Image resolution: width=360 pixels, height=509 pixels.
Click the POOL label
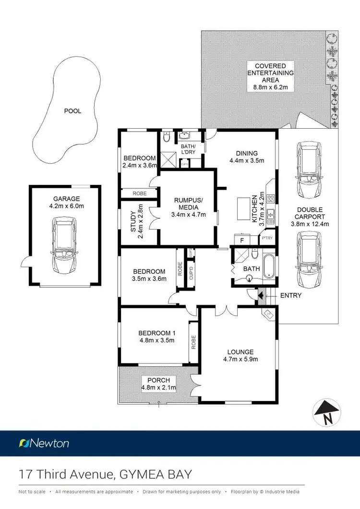(x=73, y=111)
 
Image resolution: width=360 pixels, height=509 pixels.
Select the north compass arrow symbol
(x=327, y=412)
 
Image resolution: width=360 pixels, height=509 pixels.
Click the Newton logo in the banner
(x=44, y=443)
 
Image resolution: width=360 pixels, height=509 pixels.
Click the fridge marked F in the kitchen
(x=241, y=239)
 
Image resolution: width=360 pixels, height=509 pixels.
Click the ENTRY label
(x=290, y=295)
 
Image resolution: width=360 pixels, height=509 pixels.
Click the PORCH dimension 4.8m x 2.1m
(x=159, y=388)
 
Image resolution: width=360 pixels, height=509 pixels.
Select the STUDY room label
(x=134, y=222)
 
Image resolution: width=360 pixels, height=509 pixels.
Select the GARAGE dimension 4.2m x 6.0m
(x=67, y=206)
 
